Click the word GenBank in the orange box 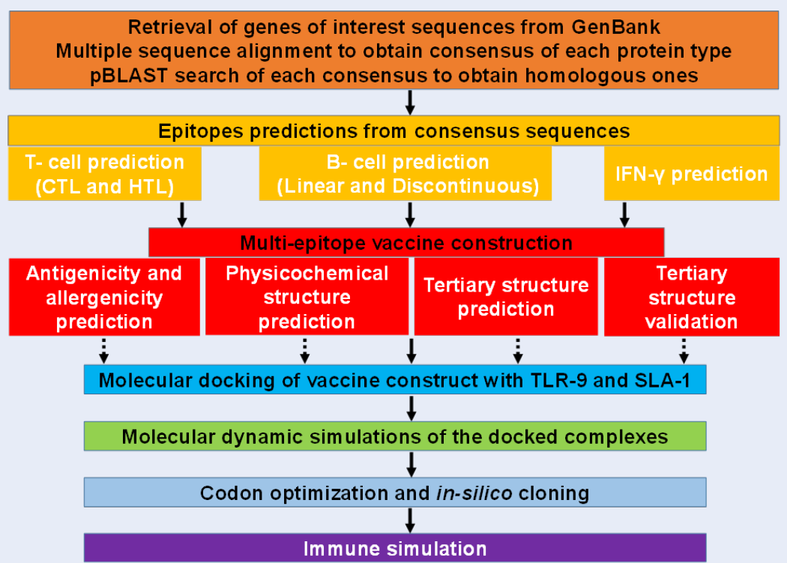tap(616, 27)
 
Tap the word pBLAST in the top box tap(128, 75)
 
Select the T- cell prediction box tap(105, 174)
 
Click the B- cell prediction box tap(405, 174)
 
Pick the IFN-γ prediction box tap(692, 174)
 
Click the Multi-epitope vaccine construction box tap(406, 243)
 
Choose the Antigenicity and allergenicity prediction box tap(104, 297)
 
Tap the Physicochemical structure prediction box tap(307, 297)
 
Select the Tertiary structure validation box tap(692, 297)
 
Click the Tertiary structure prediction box tap(506, 297)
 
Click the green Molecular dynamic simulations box tap(395, 436)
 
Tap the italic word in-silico tap(474, 493)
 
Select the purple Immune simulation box tap(395, 548)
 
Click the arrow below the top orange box tap(410, 103)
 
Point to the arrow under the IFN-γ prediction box tap(624, 215)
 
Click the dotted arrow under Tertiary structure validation tap(684, 351)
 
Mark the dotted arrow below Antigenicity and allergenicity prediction tap(103, 351)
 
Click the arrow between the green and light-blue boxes tap(411, 465)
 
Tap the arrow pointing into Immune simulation tap(410, 521)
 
